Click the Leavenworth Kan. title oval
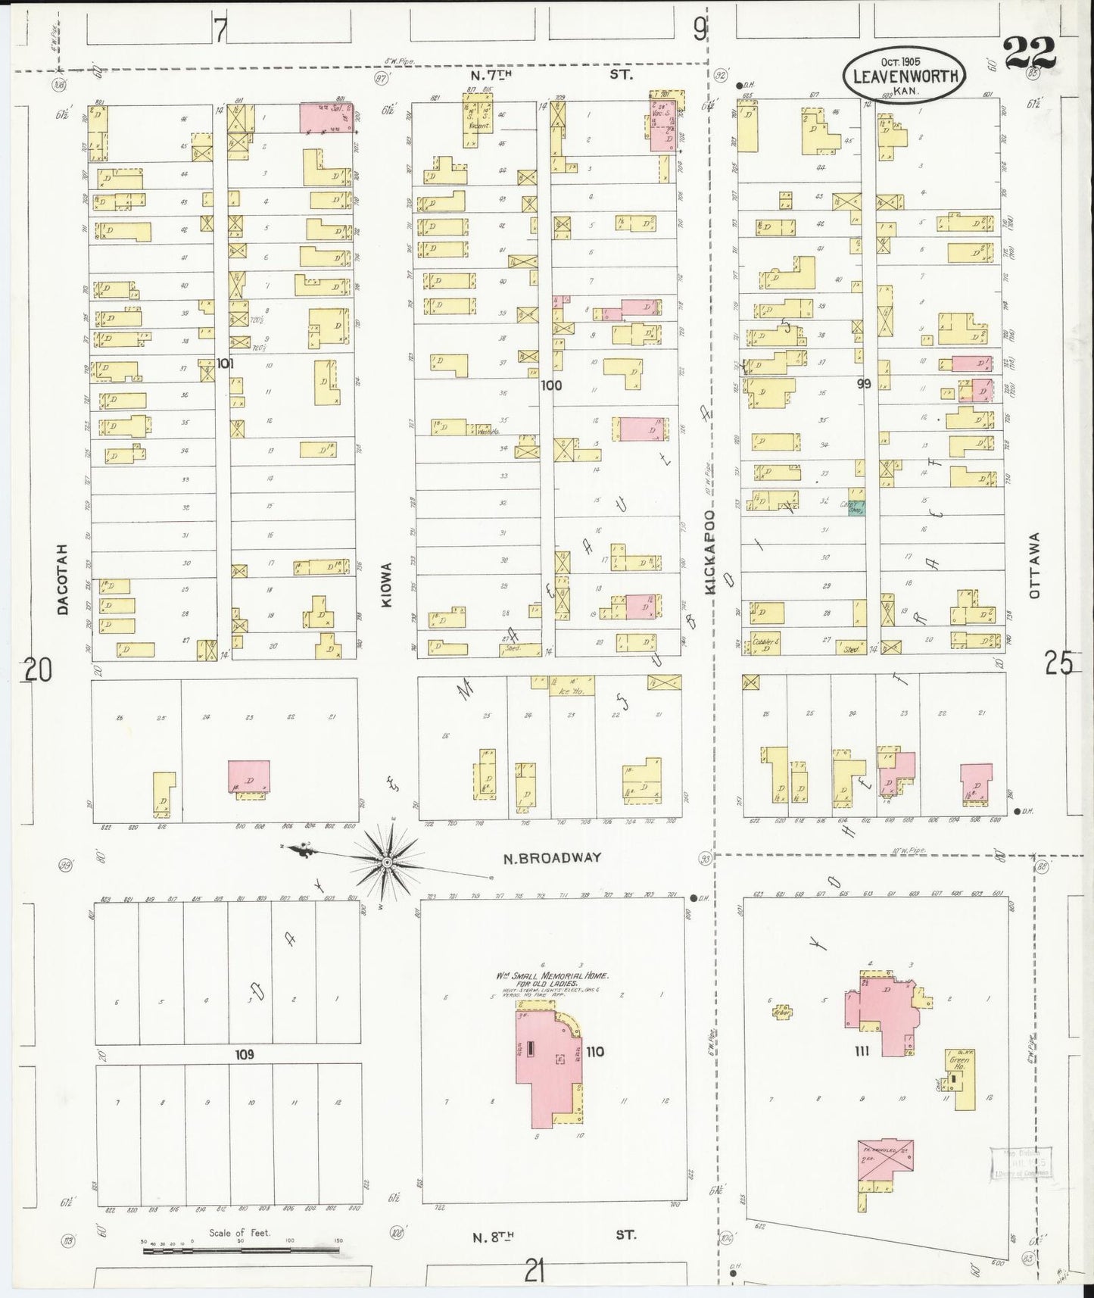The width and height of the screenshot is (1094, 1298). (x=905, y=76)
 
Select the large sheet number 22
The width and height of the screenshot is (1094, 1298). (x=1030, y=53)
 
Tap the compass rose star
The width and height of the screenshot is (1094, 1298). (x=387, y=862)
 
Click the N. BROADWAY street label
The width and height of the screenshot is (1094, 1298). (x=553, y=858)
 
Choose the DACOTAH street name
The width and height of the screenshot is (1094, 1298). (x=64, y=579)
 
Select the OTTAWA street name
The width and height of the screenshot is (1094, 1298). (x=1035, y=565)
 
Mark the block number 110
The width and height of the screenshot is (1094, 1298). (x=595, y=1051)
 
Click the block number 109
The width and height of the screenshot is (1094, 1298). (x=244, y=1054)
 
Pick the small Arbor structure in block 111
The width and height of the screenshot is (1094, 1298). (x=782, y=1011)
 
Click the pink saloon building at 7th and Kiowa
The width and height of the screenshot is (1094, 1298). (x=327, y=118)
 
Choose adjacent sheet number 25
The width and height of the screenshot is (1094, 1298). (x=1058, y=664)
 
